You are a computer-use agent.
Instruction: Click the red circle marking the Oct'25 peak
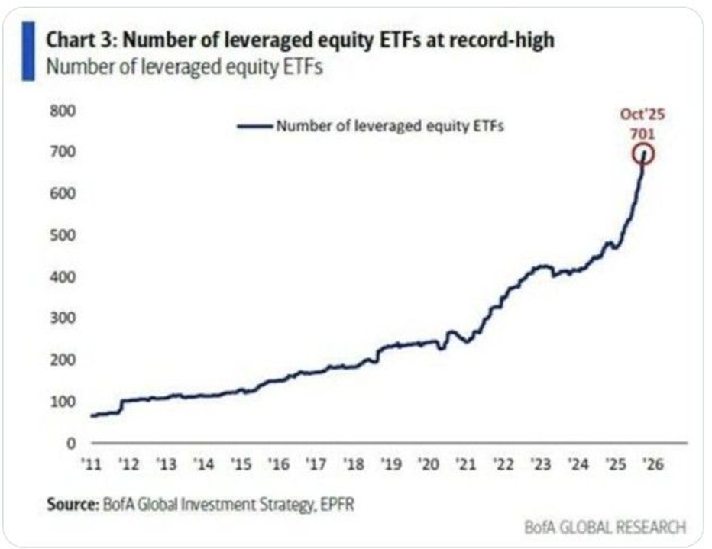[x=643, y=155]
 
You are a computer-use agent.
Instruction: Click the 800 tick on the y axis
[x=64, y=111]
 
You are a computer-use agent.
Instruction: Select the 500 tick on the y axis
[x=64, y=235]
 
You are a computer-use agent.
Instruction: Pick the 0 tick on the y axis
[x=70, y=443]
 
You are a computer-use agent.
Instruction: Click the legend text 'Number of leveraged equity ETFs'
[x=390, y=125]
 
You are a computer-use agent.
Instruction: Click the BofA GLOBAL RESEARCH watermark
[x=605, y=527]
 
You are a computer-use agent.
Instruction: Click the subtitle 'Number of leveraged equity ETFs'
[x=183, y=67]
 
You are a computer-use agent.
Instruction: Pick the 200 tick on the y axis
[x=64, y=360]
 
